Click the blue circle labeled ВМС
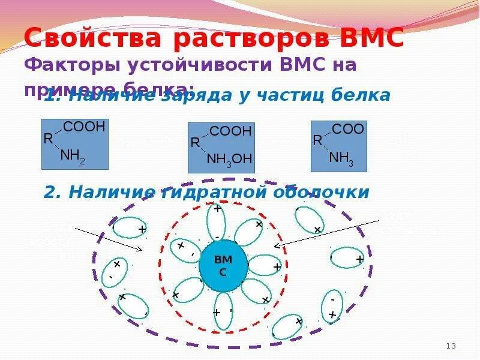pyautogui.click(x=223, y=265)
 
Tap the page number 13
pyautogui.click(x=452, y=346)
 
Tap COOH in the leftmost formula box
pyautogui.click(x=84, y=127)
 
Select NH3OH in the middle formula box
pyautogui.click(x=229, y=158)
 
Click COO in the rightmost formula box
pyautogui.click(x=348, y=129)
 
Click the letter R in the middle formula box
pyautogui.click(x=195, y=143)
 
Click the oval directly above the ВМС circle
pyautogui.click(x=217, y=222)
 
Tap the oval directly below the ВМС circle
pyautogui.click(x=223, y=311)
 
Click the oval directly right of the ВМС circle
pyautogui.click(x=264, y=265)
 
